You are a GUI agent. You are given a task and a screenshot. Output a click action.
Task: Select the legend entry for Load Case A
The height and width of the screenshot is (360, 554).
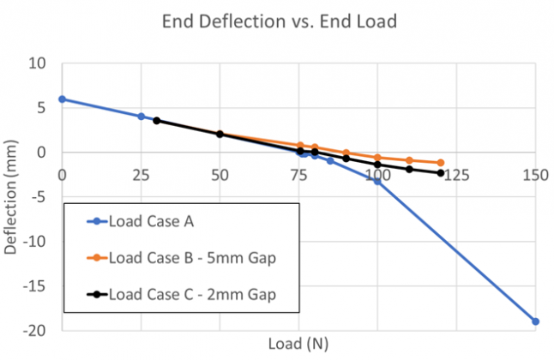150,222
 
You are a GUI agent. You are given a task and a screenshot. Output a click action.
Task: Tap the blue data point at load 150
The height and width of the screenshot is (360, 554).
535,321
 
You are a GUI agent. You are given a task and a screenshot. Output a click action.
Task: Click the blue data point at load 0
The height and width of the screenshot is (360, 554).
62,99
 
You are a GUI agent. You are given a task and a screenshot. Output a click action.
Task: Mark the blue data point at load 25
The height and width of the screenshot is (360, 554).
141,117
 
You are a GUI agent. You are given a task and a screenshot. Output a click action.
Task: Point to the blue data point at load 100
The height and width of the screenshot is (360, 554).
377,181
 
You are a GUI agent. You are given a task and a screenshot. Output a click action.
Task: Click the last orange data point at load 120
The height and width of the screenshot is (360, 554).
441,163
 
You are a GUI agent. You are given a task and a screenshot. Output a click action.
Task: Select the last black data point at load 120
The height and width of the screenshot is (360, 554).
441,173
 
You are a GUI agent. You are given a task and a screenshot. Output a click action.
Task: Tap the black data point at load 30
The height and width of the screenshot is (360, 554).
157,121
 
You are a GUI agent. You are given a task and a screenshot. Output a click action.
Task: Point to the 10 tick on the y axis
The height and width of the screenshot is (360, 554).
38,63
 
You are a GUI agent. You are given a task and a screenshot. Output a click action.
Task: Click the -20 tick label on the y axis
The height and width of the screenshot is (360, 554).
34,330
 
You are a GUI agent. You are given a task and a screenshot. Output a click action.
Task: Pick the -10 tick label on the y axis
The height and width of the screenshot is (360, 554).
34,242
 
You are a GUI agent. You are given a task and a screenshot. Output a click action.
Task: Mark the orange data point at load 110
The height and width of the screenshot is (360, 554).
409,160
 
